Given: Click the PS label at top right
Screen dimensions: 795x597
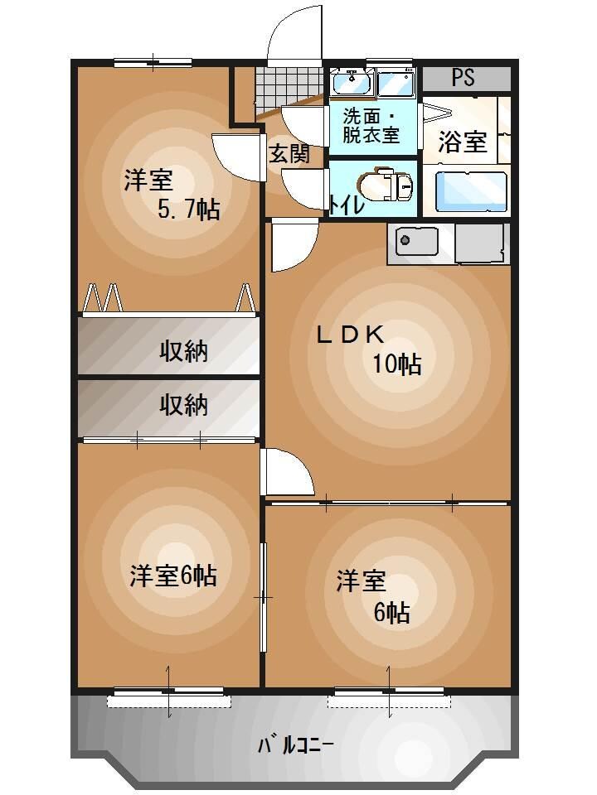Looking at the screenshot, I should (463, 79).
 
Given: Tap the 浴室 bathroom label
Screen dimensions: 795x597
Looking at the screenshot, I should (462, 142).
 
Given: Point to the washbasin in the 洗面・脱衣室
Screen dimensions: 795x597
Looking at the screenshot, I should (352, 82).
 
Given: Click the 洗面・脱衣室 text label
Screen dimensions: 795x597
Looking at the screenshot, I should (371, 125).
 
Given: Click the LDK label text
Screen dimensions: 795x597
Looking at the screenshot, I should (349, 334).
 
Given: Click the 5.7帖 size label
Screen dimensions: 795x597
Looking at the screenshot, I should (189, 210).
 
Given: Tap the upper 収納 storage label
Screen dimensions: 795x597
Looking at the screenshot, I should (183, 351).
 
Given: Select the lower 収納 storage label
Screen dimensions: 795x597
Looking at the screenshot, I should (183, 405).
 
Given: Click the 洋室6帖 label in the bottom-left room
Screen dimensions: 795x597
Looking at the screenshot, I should (173, 575).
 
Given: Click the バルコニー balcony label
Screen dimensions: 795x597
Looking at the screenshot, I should (295, 744).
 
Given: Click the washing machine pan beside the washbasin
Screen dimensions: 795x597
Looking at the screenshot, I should (395, 83).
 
